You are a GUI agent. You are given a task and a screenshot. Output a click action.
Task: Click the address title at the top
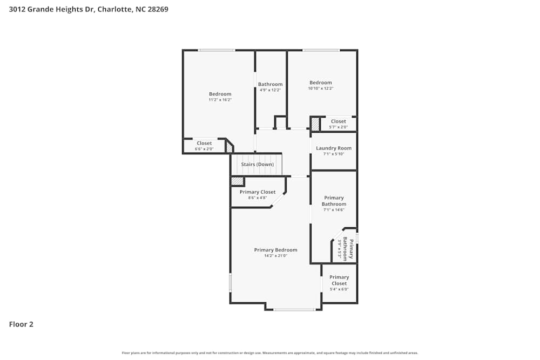(x=89, y=9)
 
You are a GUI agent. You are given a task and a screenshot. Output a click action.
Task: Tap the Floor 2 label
(x=21, y=324)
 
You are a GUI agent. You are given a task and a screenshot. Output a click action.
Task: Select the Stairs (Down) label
(x=257, y=164)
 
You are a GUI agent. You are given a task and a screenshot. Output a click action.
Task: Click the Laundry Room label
(x=334, y=148)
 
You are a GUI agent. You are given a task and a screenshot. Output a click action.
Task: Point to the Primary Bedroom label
(x=275, y=250)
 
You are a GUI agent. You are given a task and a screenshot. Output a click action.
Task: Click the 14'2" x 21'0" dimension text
(x=275, y=256)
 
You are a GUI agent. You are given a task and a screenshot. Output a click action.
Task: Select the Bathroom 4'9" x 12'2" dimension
(x=270, y=90)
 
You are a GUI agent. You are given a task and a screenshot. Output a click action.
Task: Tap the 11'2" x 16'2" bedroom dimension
(x=220, y=100)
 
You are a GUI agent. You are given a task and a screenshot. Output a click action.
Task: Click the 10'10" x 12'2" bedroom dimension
(x=321, y=89)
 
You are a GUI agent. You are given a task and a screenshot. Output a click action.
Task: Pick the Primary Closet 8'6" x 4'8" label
(x=258, y=192)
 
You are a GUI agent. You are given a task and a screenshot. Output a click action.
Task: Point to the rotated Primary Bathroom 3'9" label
(x=349, y=249)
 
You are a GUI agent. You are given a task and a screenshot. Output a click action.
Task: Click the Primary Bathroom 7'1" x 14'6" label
(x=334, y=201)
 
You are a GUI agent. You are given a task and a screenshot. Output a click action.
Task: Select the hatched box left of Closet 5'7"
(x=315, y=124)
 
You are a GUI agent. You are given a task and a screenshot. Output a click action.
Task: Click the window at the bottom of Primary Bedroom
(x=294, y=310)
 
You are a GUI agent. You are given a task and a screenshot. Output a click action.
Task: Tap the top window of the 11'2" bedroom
(x=216, y=50)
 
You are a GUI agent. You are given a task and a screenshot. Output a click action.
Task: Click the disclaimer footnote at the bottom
(x=270, y=353)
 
